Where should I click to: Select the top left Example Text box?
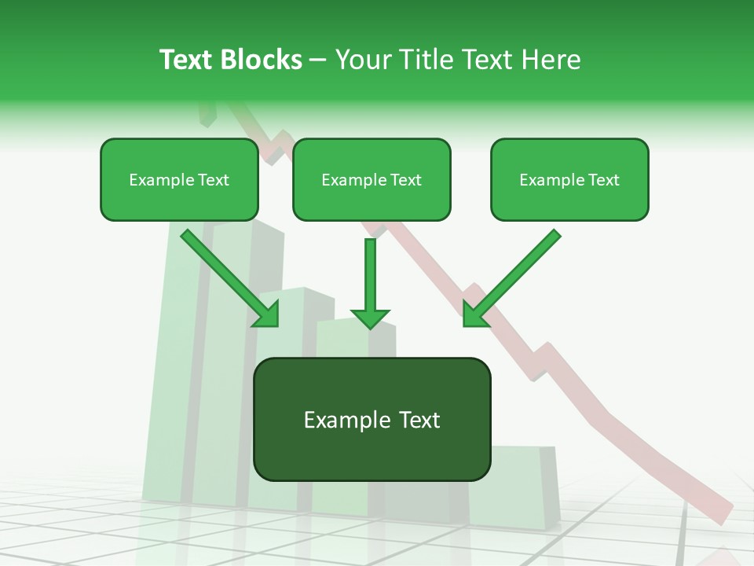(x=179, y=179)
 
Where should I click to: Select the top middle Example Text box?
(x=372, y=179)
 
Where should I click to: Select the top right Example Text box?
(x=569, y=179)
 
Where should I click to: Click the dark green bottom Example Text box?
(x=372, y=419)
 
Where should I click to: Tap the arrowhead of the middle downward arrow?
(x=370, y=318)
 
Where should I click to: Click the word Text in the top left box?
(x=213, y=179)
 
